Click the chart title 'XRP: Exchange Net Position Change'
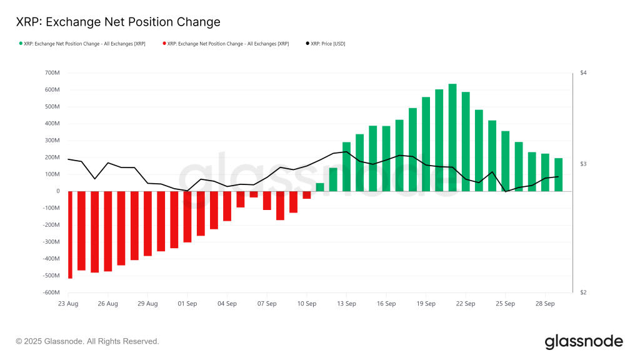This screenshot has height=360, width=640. coord(118,22)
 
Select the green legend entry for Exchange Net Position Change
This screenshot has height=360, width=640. coord(82,44)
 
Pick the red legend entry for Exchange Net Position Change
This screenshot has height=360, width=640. coord(226,44)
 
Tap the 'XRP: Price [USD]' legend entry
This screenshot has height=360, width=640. coord(326,44)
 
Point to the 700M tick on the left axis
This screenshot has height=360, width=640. coord(51,73)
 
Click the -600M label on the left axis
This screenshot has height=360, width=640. coord(50,292)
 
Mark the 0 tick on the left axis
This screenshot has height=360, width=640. coord(57,191)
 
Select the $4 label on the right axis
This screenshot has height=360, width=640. coord(582,73)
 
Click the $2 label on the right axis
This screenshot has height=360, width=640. coord(582,292)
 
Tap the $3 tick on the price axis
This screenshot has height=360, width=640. coord(582,164)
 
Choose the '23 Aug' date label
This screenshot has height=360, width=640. coord(68,304)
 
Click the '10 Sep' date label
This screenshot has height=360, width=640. coord(307,304)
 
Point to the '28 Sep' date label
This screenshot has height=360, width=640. coord(545,304)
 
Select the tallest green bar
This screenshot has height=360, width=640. coord(452,137)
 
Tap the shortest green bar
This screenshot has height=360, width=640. coord(320,187)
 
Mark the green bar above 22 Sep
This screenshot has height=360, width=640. coord(466,141)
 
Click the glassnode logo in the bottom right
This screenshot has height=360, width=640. coord(584,341)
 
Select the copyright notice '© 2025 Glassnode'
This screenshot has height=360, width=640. coord(87,341)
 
